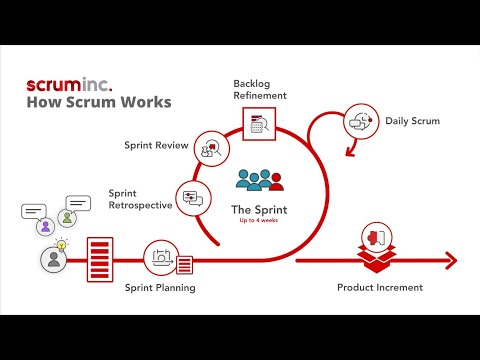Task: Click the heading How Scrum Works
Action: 98,102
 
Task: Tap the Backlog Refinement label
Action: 259,89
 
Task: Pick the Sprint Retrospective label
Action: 140,198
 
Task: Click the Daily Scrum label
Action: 412,122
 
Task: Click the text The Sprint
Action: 259,210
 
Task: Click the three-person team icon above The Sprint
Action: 259,181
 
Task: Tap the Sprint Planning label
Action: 160,288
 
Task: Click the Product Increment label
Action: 380,288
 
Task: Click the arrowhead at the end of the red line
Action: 452,261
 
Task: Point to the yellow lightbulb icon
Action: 61,245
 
